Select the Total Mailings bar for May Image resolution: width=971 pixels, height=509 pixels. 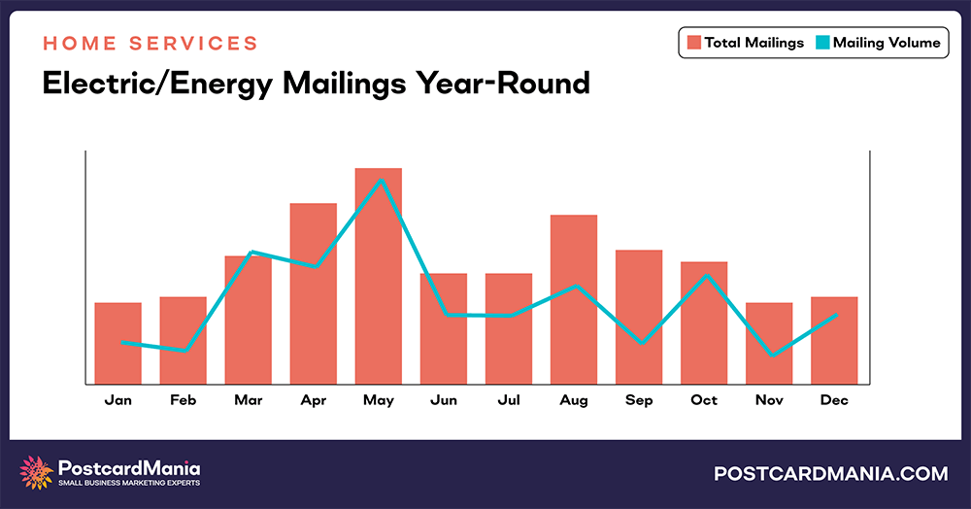378,276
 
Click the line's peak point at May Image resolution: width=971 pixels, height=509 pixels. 383,179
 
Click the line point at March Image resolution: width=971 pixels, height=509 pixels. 251,253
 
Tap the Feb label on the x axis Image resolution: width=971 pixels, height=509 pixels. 183,400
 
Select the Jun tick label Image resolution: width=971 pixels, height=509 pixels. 443,400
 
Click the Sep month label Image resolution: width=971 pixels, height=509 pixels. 638,400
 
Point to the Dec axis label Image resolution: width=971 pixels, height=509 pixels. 833,400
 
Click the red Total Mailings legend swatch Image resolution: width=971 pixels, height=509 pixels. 694,43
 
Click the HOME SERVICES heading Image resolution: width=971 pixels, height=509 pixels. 151,44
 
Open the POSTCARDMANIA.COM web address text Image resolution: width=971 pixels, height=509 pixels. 830,474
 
